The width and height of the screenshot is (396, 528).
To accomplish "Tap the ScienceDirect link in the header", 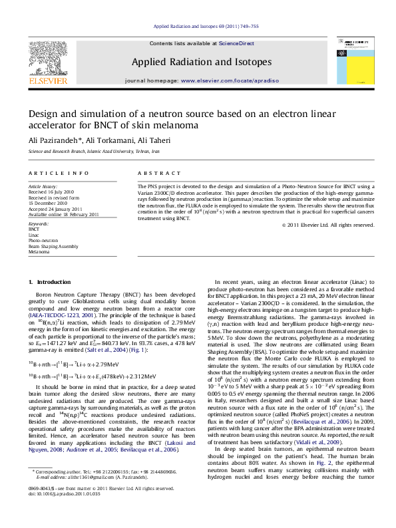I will click(236, 43).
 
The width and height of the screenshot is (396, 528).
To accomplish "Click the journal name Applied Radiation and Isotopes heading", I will click(202, 62).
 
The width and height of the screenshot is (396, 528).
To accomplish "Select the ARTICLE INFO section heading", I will click(59, 173).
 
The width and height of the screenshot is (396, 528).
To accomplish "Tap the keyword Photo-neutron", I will click(43, 241).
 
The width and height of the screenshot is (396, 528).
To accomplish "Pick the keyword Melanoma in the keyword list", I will click(39, 252).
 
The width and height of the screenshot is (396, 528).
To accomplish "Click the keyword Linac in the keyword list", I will click(34, 235).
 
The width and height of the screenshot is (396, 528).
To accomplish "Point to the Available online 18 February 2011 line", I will click(63, 214).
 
